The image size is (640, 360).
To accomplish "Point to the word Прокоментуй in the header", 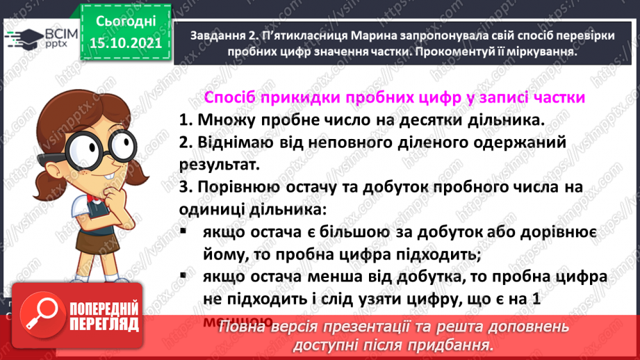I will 438,52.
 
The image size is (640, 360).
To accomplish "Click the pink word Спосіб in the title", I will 229,97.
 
